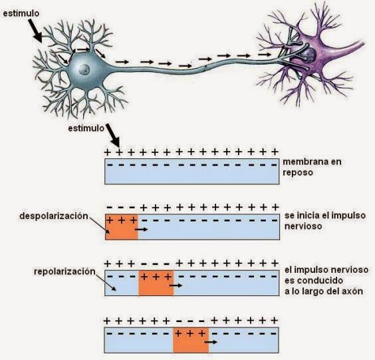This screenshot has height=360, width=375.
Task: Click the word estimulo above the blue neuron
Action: click(21, 13)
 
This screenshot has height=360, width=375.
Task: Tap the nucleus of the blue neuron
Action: click(84, 69)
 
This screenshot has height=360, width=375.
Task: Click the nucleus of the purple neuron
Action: click(309, 55)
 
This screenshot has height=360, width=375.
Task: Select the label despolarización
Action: click(54, 216)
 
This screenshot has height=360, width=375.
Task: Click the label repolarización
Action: click(64, 271)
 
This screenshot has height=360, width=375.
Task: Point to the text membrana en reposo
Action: click(312, 167)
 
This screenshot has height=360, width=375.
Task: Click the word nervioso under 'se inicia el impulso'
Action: click(303, 226)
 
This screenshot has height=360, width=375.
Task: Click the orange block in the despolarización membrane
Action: click(122, 227)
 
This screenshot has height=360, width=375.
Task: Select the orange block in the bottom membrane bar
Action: click(191, 340)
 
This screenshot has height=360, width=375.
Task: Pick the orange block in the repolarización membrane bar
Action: click(156, 283)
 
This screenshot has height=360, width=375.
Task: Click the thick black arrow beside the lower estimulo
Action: click(113, 134)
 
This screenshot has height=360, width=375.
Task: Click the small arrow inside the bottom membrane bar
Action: click(211, 342)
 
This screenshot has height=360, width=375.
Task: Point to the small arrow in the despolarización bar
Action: click(142, 230)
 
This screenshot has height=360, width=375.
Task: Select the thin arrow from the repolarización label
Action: click(106, 282)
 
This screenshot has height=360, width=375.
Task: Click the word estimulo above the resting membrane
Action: click(86, 128)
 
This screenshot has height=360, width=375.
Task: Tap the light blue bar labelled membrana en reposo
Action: click(191, 172)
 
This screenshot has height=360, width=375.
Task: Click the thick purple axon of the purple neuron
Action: click(347, 51)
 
